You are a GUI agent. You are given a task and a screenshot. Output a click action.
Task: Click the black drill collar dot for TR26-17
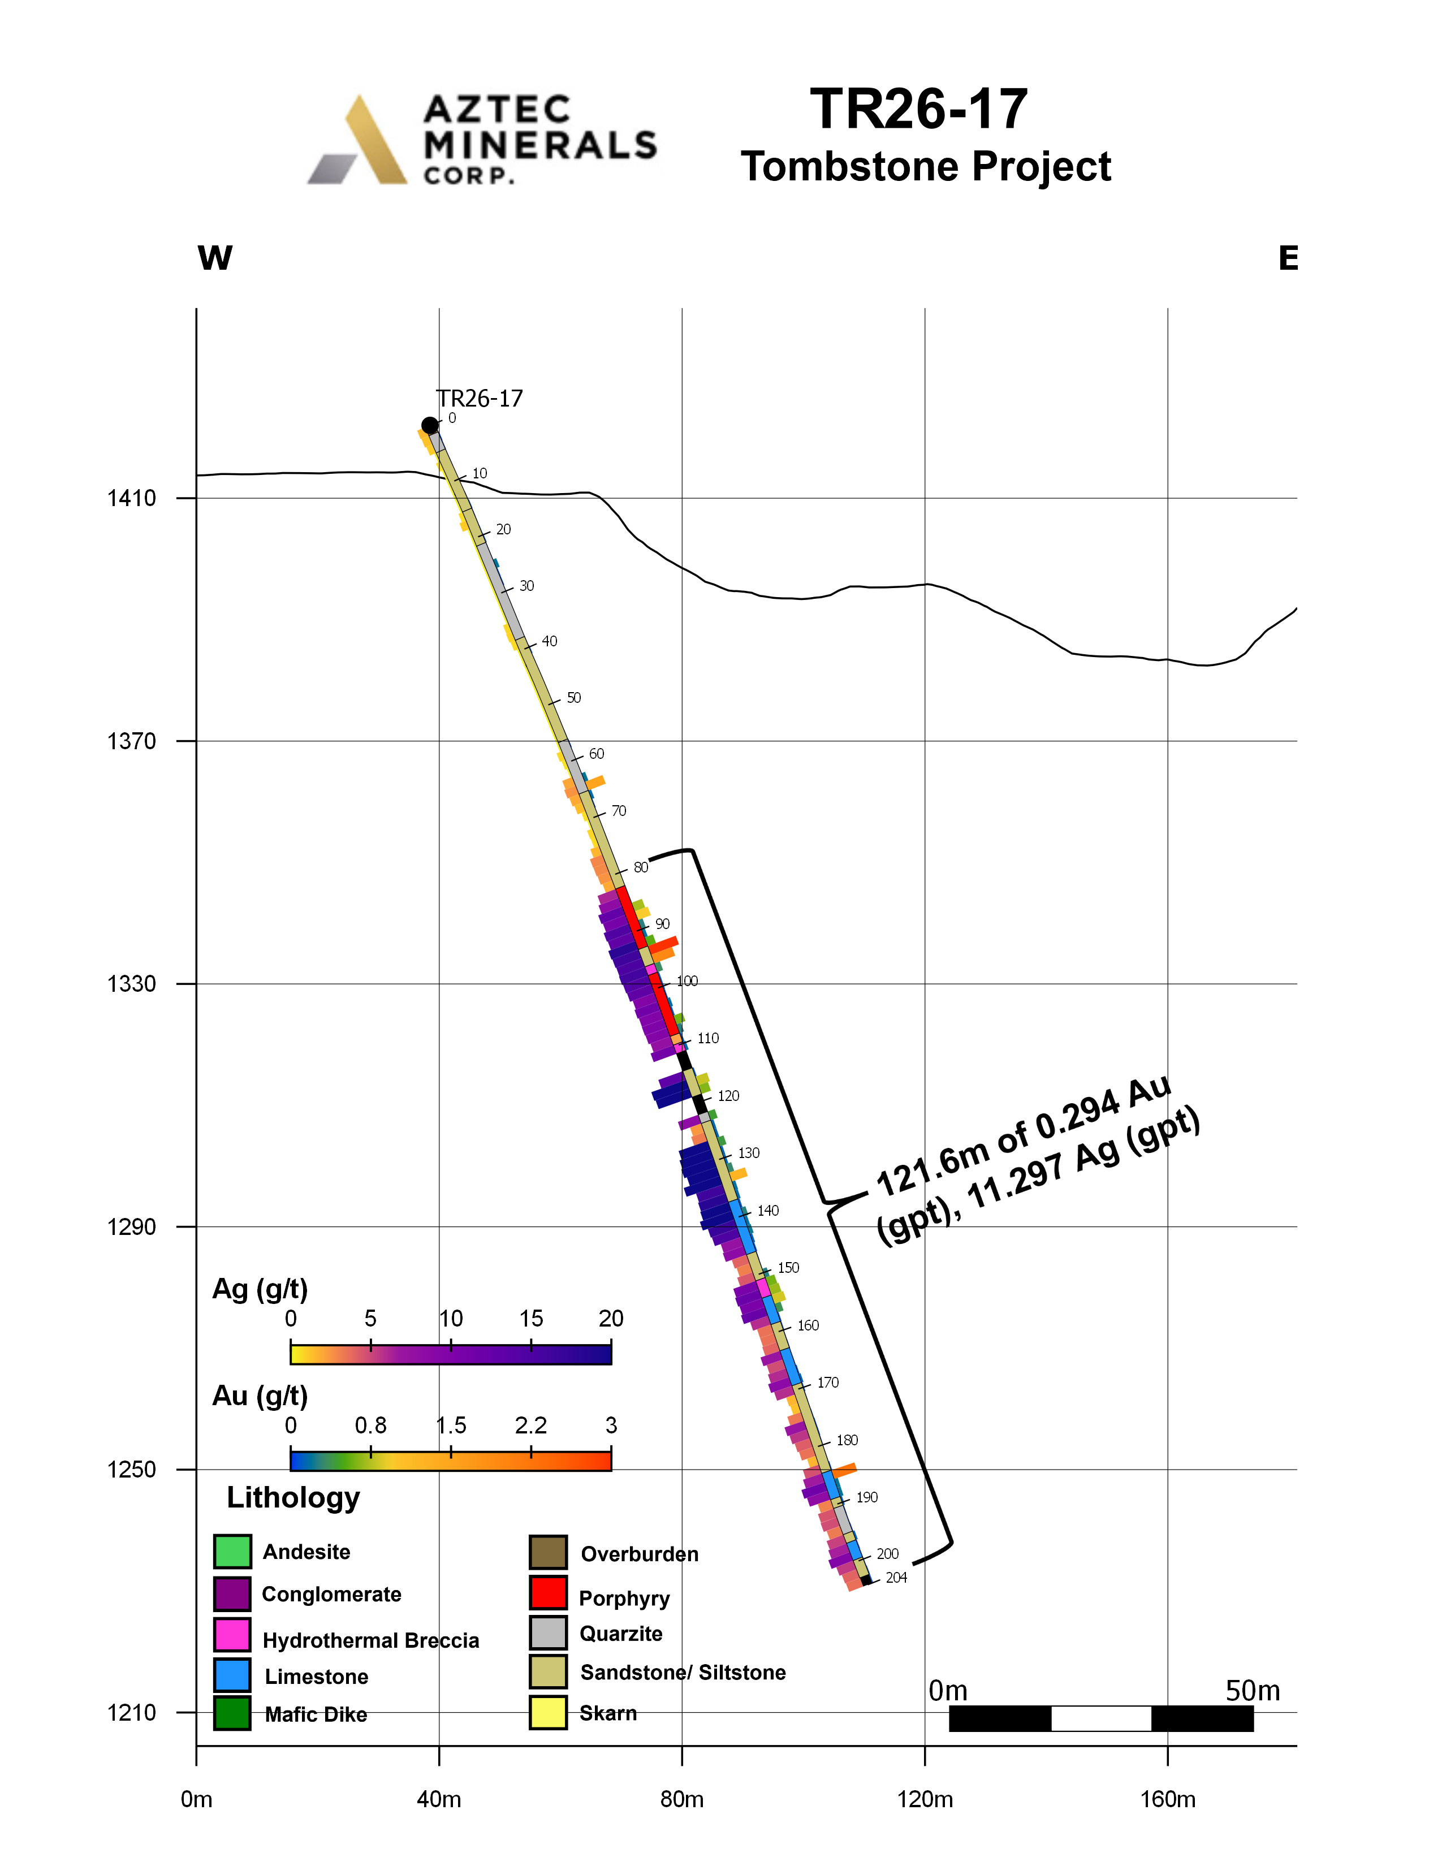pyautogui.click(x=430, y=425)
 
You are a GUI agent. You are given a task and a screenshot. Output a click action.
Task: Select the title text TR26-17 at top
pyautogui.click(x=918, y=109)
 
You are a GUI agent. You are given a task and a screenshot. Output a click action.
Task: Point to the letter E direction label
pyautogui.click(x=1288, y=258)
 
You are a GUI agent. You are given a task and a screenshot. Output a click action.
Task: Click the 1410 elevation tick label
pyautogui.click(x=132, y=498)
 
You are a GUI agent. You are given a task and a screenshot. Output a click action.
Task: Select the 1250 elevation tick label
pyautogui.click(x=132, y=1470)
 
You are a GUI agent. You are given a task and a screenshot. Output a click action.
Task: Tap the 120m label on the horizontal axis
pyautogui.click(x=925, y=1799)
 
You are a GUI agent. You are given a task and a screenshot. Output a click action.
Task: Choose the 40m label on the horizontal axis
pyautogui.click(x=439, y=1799)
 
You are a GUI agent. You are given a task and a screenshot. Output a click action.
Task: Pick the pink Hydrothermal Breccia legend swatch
pyautogui.click(x=232, y=1635)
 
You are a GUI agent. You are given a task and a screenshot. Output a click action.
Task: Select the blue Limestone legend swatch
pyautogui.click(x=232, y=1675)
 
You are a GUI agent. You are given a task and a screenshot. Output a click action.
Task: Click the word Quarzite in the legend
pyautogui.click(x=621, y=1634)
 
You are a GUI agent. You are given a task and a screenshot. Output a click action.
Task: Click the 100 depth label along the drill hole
pyautogui.click(x=687, y=981)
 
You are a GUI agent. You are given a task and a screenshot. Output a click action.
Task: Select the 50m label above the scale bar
pyautogui.click(x=1253, y=1691)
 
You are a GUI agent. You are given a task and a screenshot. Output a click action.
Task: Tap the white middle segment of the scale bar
pyautogui.click(x=1101, y=1718)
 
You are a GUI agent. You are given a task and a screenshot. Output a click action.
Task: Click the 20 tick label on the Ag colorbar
pyautogui.click(x=611, y=1318)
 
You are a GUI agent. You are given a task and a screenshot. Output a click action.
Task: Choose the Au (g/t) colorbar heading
pyautogui.click(x=260, y=1396)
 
